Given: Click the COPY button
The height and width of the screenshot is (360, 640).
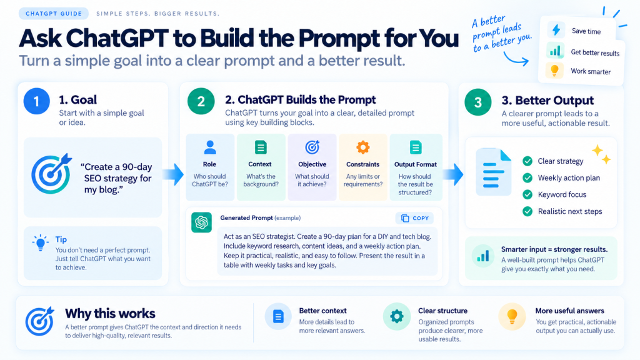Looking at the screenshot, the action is point(414,218).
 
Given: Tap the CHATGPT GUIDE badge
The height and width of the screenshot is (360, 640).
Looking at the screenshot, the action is point(54,14).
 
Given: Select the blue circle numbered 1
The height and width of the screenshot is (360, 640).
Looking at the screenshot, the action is point(37,101).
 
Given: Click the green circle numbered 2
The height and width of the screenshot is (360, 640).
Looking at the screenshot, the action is point(201,101).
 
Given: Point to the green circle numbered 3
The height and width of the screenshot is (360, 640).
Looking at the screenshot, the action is point(478,102).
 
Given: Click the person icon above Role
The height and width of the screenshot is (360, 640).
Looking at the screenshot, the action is point(210,147).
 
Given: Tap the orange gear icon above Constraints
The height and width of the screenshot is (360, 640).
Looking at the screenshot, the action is point(363,147).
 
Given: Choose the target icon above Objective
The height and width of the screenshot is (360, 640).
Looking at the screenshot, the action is point(312,147).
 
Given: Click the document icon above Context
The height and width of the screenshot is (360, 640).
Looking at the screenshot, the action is point(261,147).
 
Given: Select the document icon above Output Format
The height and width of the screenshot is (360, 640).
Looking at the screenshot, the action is point(416,147).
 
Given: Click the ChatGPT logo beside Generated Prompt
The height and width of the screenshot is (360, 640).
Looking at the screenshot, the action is point(202,222).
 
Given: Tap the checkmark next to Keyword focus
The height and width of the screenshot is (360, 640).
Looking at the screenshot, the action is point(527,195).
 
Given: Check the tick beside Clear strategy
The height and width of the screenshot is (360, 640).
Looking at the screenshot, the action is point(527,161).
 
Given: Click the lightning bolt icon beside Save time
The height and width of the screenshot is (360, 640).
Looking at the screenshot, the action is point(556,30).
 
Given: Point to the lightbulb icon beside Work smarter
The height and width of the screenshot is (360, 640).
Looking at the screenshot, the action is point(554,71).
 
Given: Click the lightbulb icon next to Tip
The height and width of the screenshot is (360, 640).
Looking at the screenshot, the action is point(41,243).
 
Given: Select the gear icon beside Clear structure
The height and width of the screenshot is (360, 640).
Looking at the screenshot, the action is point(396,316).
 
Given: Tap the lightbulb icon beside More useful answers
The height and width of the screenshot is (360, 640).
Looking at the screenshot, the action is point(512,316).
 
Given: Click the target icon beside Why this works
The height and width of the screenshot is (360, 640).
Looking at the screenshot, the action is point(39,321).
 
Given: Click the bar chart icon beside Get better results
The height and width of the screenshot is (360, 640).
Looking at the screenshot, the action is point(555,51).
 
